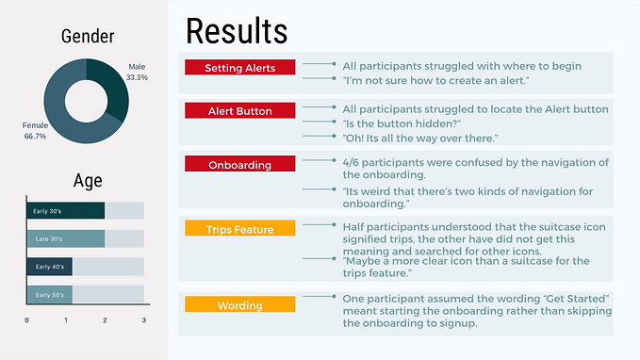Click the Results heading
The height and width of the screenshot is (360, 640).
click(x=237, y=30)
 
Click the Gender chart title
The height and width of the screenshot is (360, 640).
click(x=88, y=37)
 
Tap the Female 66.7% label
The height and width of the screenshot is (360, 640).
click(x=35, y=131)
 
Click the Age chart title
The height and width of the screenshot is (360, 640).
click(x=88, y=181)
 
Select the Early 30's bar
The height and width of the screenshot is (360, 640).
click(x=65, y=211)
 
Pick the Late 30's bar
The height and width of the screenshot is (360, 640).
click(x=65, y=239)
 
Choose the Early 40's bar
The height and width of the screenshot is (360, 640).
click(x=49, y=267)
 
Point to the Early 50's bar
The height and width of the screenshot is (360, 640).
click(x=49, y=295)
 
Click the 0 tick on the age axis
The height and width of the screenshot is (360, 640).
click(x=26, y=320)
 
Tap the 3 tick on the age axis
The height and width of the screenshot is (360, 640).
click(x=144, y=320)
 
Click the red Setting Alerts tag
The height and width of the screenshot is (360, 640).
click(x=239, y=68)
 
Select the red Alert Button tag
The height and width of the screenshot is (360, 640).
click(x=239, y=111)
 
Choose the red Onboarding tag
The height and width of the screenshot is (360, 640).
click(x=239, y=165)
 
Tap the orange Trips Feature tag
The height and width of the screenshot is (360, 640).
click(x=239, y=229)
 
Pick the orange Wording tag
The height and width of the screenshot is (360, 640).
click(x=239, y=304)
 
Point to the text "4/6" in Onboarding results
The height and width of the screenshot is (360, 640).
click(x=353, y=163)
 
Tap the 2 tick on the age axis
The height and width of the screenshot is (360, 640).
click(x=105, y=320)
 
